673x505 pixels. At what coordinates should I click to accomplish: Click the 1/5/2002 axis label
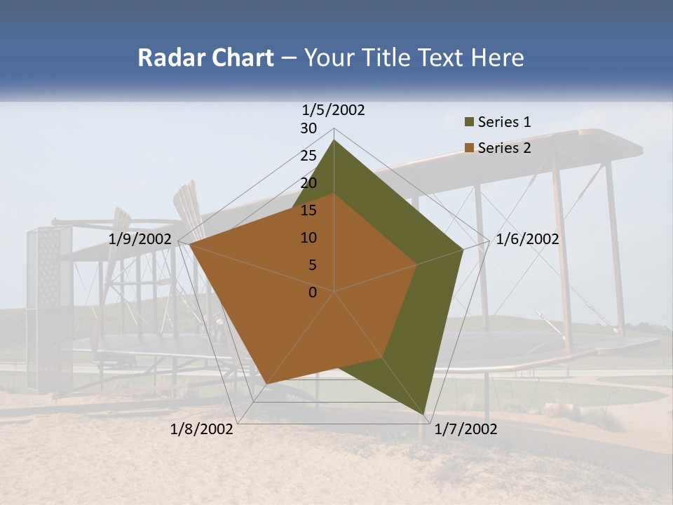(x=333, y=110)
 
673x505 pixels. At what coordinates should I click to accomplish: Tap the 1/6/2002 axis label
(x=527, y=239)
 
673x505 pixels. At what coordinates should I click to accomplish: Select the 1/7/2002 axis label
(x=465, y=429)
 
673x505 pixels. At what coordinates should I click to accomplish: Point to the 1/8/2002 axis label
(x=202, y=429)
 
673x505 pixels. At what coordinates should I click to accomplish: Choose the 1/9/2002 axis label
(x=140, y=239)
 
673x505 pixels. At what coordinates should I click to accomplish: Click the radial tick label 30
(x=308, y=128)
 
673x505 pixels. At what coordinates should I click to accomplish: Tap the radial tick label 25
(x=308, y=156)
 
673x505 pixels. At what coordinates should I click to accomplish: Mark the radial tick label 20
(x=308, y=183)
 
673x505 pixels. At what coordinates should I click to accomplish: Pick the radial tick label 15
(x=308, y=210)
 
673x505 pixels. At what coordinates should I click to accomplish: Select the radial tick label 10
(x=308, y=238)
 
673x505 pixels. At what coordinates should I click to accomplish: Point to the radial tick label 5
(x=313, y=265)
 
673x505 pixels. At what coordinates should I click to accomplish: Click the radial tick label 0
(x=313, y=292)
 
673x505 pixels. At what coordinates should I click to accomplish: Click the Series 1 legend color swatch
(x=469, y=123)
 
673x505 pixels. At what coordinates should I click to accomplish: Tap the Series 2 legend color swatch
(x=469, y=148)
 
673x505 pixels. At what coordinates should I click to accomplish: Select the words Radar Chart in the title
(x=205, y=58)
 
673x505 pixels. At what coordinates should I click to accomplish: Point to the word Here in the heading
(x=497, y=58)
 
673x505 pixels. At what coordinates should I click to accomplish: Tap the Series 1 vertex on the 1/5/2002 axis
(x=334, y=140)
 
